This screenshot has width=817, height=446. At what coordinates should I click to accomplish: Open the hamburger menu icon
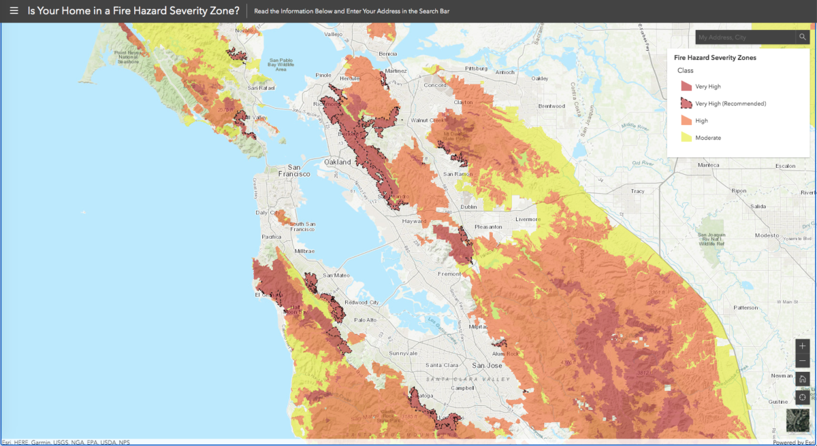point(14,11)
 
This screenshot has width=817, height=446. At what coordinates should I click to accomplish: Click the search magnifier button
point(803,37)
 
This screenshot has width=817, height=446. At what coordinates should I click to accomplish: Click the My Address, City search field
point(744,37)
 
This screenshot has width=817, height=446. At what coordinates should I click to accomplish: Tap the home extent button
point(803,379)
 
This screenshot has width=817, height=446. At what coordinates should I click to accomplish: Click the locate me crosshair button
point(803,397)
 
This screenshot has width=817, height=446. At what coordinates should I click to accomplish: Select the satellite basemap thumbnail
point(798,421)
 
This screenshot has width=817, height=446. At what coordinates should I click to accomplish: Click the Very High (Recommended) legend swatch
point(686,103)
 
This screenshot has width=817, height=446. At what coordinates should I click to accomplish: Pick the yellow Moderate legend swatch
point(686,137)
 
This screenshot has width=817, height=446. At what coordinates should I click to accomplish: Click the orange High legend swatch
point(686,120)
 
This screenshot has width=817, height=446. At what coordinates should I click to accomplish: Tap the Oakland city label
point(337,162)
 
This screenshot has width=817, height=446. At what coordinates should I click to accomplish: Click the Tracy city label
point(637,191)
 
